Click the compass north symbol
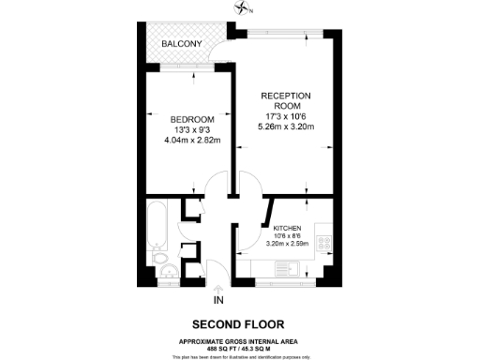click(x=246, y=8)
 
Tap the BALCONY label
click(x=180, y=44)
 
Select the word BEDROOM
click(x=192, y=119)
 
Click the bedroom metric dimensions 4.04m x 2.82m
click(x=192, y=141)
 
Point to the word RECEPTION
click(x=286, y=97)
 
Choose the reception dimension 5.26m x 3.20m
click(x=286, y=127)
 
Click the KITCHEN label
click(x=286, y=228)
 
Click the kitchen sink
click(x=292, y=270)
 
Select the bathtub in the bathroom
click(x=157, y=223)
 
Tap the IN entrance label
click(x=219, y=300)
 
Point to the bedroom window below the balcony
click(x=184, y=67)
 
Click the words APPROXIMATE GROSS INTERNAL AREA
click(x=239, y=339)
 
